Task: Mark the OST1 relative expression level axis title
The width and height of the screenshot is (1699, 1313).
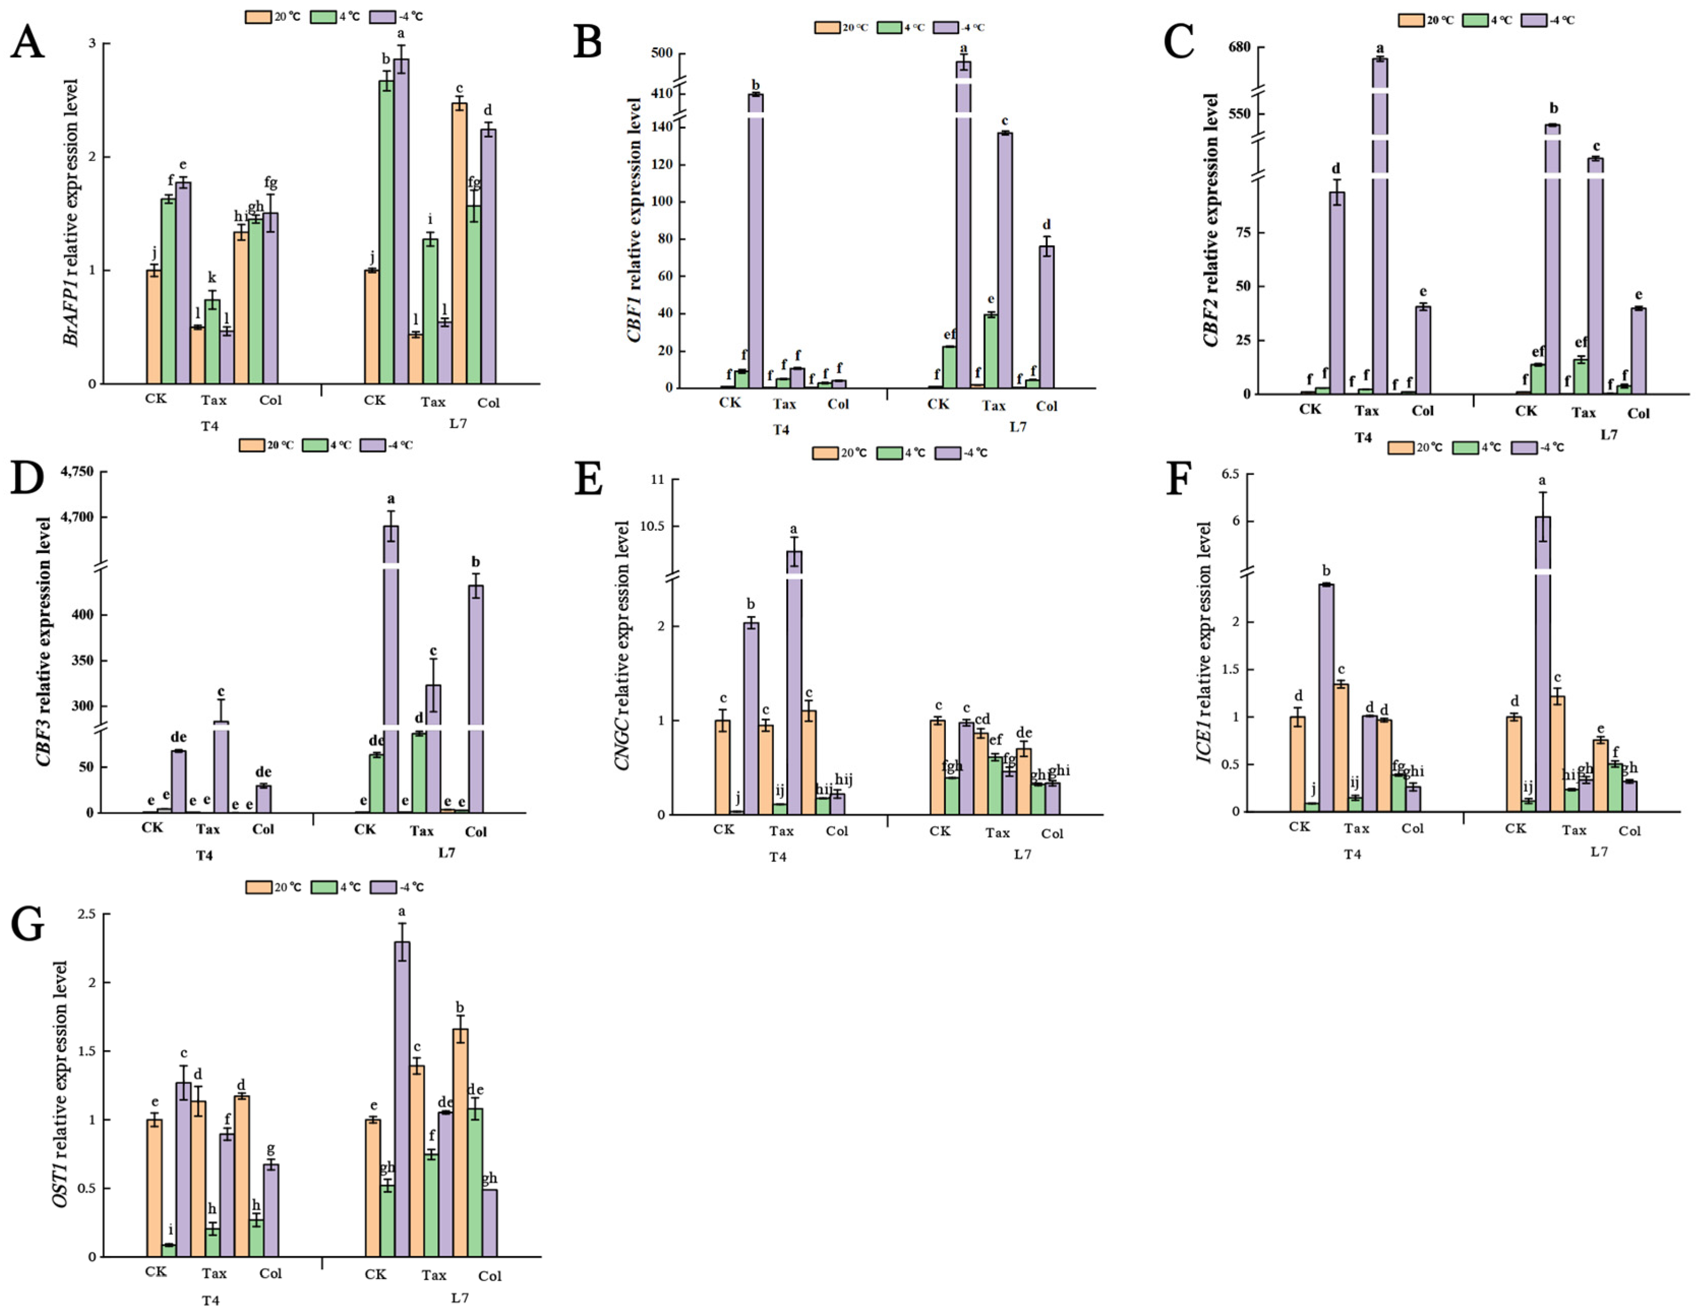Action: pos(60,1084)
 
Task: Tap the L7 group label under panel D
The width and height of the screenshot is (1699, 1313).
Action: pos(446,852)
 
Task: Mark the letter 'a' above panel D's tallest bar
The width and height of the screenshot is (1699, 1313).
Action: pos(391,499)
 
